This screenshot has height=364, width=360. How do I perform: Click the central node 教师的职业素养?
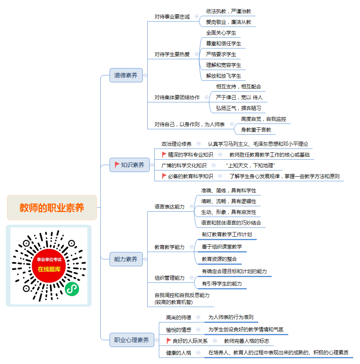tap(52, 207)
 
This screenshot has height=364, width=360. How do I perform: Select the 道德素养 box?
tap(126, 75)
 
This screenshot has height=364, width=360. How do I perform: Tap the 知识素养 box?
tap(130, 165)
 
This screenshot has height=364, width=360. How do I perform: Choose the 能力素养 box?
tap(126, 259)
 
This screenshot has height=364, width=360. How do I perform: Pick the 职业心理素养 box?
tap(132, 340)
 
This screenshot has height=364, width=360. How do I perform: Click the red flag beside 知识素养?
tap(117, 165)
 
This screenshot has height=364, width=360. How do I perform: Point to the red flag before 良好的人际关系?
tap(169, 341)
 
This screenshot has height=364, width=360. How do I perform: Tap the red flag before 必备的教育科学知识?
tap(164, 176)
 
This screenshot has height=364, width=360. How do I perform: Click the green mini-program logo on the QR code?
tap(72, 289)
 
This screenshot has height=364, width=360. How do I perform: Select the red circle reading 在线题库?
tap(49, 265)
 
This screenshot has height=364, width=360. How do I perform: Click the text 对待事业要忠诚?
tap(172, 17)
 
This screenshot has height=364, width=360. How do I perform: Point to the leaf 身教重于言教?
tap(256, 130)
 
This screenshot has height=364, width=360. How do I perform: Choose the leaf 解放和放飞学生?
tap(223, 76)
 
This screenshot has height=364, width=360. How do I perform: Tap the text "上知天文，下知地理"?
tap(250, 165)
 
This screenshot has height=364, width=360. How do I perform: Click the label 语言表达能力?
tap(170, 207)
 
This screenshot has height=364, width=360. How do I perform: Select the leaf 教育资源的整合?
tap(219, 259)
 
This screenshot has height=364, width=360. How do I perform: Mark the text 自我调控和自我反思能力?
tap(182, 295)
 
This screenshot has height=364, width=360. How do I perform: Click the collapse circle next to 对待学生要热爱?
tap(197, 54)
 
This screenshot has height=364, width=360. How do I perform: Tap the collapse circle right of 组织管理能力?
tap(192, 278)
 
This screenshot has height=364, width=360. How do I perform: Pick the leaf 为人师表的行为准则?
tap(231, 317)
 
